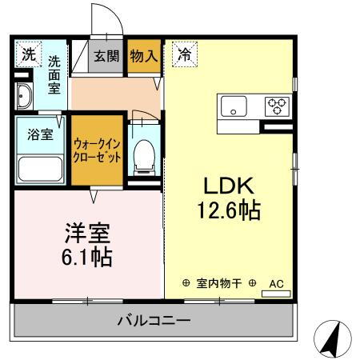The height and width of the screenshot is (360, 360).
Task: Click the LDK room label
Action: coord(229,186)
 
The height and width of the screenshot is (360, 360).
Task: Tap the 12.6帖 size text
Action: coord(229,210)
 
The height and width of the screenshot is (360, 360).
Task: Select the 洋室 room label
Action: coord(87,233)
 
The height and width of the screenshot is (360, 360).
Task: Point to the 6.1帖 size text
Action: coord(87,258)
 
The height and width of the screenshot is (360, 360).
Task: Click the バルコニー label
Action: coord(154,320)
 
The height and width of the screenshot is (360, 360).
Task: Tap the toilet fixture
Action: coord(144,158)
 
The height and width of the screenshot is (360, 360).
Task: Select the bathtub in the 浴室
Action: coord(40,169)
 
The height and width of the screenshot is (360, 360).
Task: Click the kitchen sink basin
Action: coord(234,106)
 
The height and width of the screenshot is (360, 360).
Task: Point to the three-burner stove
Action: coord(277,106)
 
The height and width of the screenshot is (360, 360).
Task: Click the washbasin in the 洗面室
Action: coord(24,96)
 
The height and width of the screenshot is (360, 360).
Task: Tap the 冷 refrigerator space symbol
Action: coord(185,54)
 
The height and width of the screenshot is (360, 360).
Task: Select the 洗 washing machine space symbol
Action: coord(29,54)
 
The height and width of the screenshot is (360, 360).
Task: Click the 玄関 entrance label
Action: coord(106,56)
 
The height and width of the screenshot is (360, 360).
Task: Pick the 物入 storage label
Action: coord(144,56)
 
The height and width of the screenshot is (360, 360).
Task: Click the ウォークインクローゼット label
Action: coord(97,151)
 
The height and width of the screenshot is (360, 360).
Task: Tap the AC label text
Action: coord(276,284)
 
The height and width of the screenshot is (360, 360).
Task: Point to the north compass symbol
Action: coord(333,338)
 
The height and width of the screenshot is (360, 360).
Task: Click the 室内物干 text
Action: coord(219,283)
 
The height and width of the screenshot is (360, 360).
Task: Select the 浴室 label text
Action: coord(40,134)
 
